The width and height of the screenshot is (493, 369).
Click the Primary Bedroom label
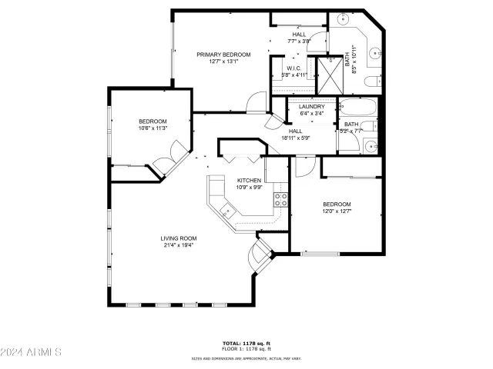click(223, 55)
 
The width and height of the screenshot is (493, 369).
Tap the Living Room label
click(179, 238)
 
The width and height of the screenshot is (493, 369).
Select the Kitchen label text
click(248, 180)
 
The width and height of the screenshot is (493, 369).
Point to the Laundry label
click(311, 107)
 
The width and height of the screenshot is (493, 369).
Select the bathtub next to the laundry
click(357, 107)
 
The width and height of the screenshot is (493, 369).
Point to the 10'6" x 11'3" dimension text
click(153, 128)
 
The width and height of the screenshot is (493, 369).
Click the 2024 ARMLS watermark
click(32, 352)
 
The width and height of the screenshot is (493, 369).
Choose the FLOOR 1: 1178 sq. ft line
click(246, 350)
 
